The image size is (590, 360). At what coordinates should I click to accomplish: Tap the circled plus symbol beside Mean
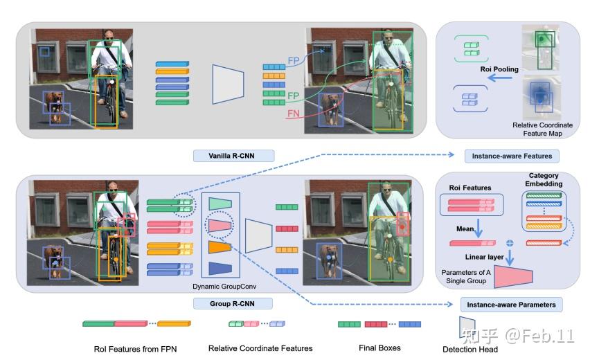510,243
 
